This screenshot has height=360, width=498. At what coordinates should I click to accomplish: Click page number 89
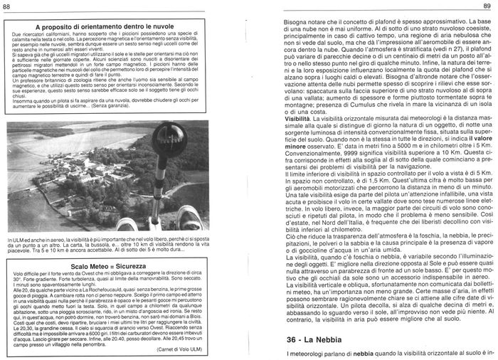point(489,7)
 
